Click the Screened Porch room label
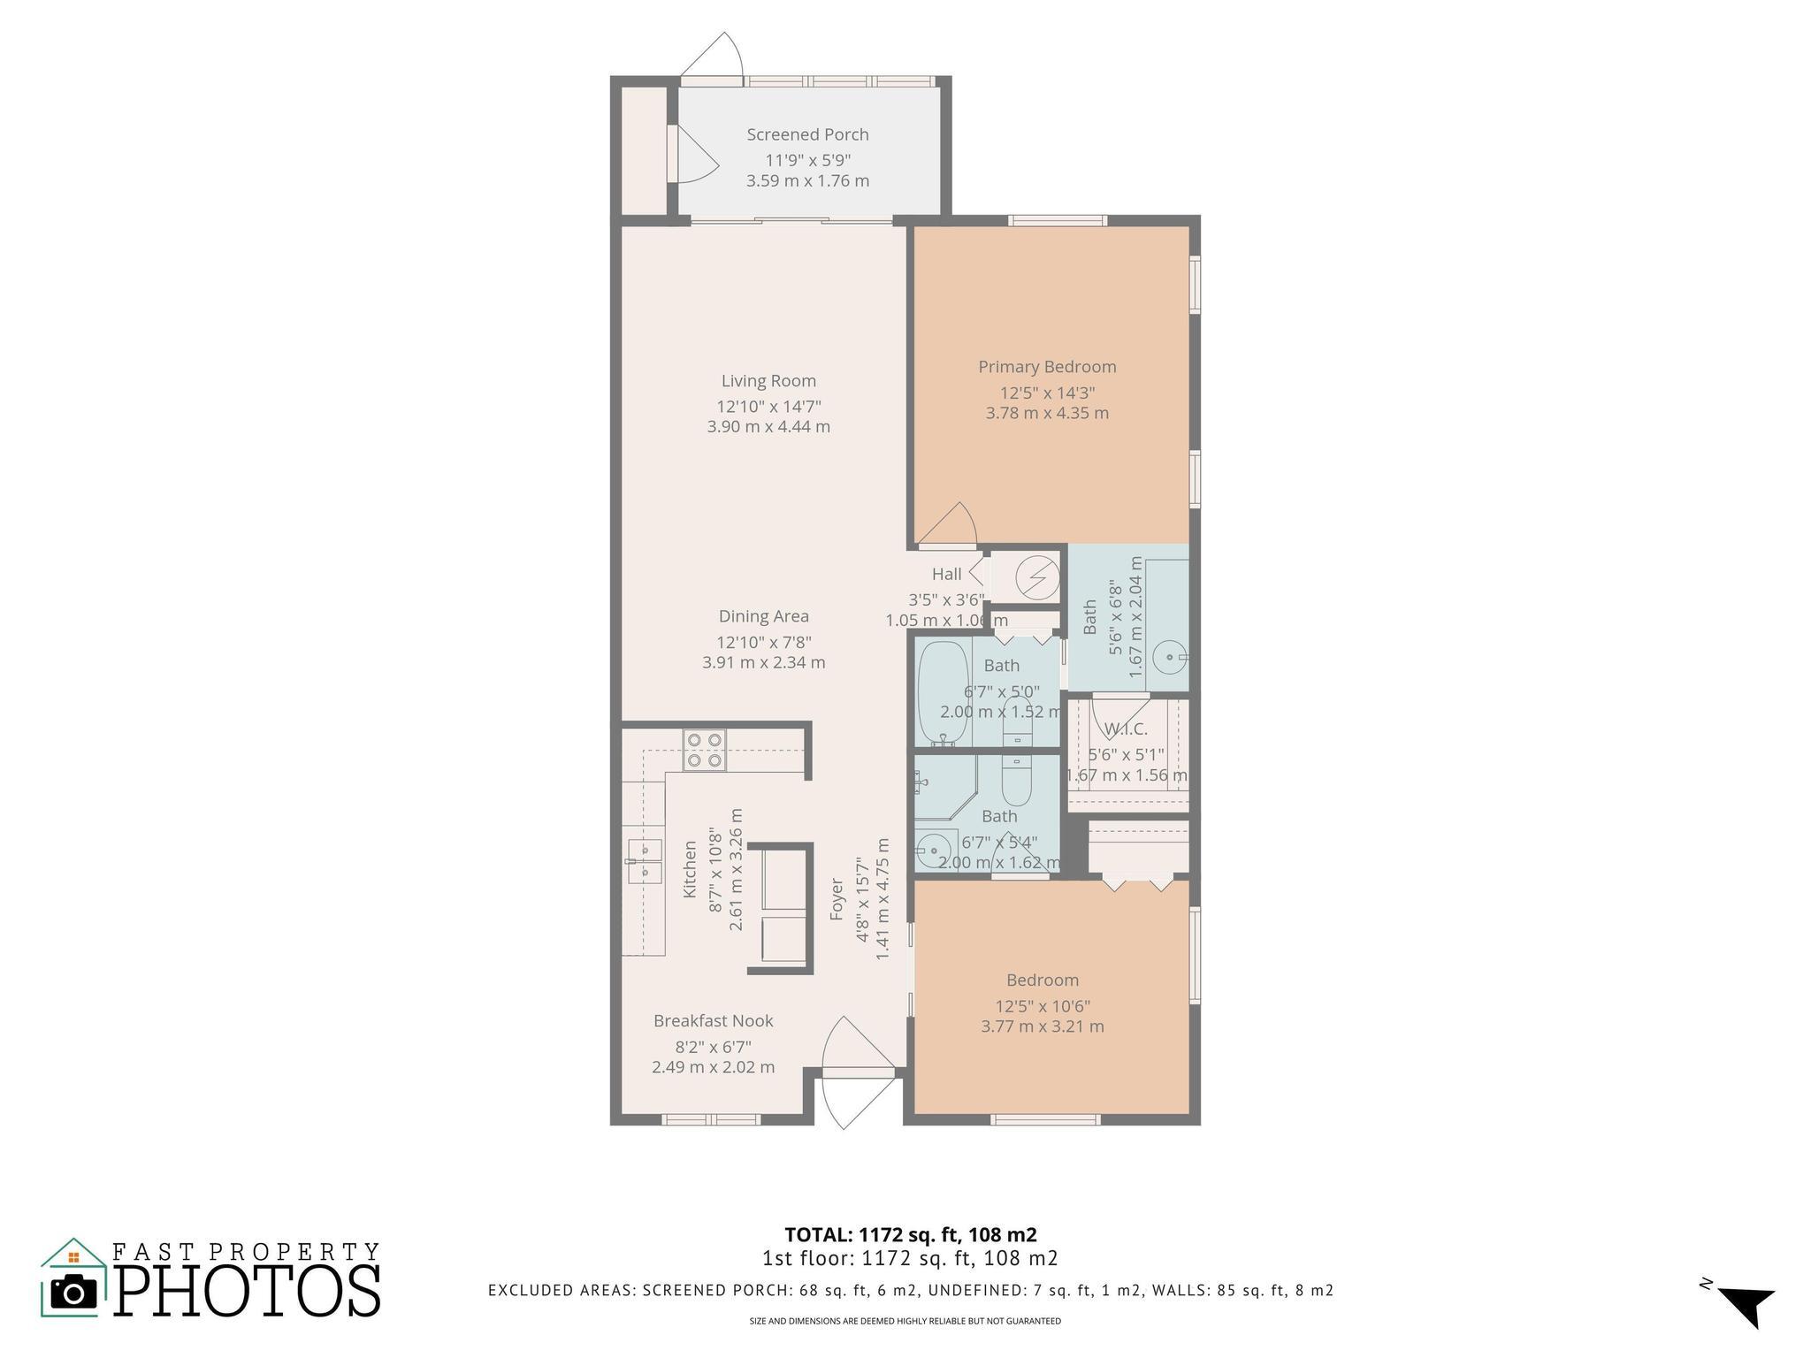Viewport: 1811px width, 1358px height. click(807, 134)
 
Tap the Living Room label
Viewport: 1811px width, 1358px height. click(768, 381)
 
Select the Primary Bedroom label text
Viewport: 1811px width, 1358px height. click(1047, 367)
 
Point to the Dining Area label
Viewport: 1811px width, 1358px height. click(763, 616)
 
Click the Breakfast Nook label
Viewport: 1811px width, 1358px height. click(713, 1020)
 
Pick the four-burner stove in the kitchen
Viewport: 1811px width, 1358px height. click(704, 751)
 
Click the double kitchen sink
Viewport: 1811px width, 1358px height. click(645, 862)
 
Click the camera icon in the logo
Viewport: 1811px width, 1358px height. click(73, 1292)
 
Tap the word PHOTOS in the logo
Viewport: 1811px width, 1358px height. click(248, 1291)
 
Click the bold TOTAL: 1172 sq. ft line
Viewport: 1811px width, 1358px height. click(911, 1234)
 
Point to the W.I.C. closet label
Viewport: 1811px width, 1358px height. click(1126, 729)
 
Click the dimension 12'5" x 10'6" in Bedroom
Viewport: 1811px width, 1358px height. click(1043, 1006)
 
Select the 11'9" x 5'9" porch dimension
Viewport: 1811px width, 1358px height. click(808, 160)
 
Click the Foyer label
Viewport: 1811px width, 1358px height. click(837, 899)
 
